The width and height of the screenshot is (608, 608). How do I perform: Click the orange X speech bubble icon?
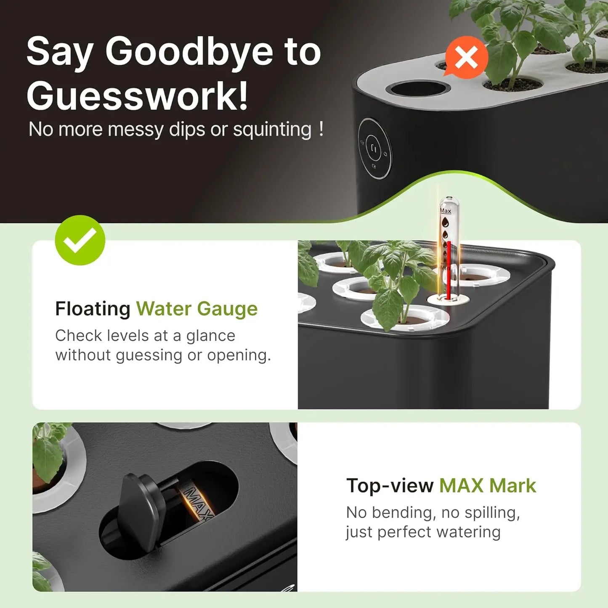tap(466, 57)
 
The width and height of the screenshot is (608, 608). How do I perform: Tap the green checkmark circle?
tap(80, 240)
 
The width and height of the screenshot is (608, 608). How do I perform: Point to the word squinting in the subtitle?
tap(272, 130)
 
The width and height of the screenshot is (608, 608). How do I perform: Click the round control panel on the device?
tap(375, 149)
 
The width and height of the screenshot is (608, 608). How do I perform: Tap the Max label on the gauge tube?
tap(445, 210)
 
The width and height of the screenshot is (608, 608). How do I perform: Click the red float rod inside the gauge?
tap(449, 270)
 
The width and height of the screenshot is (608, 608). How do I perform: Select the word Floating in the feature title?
tap(93, 308)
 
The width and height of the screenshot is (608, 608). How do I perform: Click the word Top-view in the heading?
tap(390, 486)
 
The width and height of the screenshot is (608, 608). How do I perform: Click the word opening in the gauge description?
tap(239, 356)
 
